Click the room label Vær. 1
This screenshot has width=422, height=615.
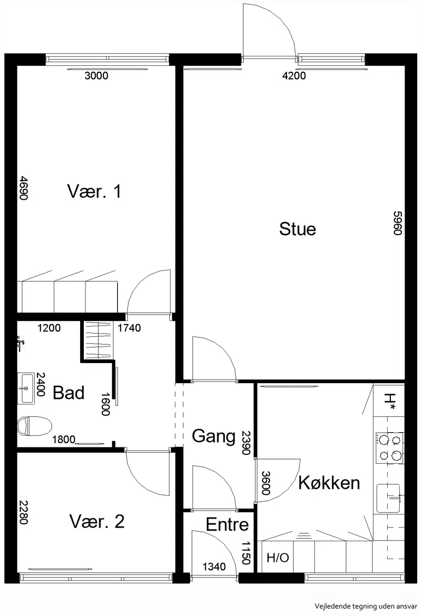94,191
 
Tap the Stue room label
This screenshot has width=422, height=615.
298,229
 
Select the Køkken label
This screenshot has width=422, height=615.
329,482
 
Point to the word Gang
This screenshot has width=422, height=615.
214,436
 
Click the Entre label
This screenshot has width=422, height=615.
227,524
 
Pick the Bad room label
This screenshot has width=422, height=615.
69,393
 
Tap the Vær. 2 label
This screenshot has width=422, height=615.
97,521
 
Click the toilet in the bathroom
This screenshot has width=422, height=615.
35,426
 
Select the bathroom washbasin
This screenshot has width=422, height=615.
26,388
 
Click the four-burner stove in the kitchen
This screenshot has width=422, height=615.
389,447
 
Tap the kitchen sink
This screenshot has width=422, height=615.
389,498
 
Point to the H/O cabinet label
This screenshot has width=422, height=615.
278,558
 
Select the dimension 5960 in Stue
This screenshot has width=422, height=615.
398,223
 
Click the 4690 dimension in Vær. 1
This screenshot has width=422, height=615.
24,188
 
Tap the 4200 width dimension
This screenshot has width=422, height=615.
294,75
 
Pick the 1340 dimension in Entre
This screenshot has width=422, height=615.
214,567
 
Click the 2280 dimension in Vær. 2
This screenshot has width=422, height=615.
24,512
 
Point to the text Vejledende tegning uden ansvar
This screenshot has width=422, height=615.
366,606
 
